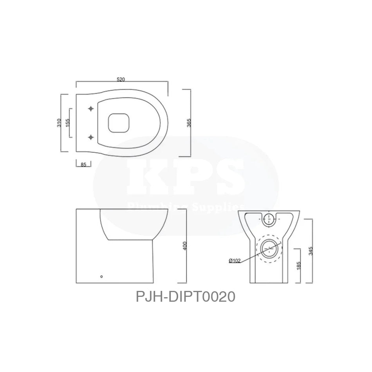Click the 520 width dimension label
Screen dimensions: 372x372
click(121, 79)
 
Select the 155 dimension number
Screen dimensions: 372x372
click(67, 123)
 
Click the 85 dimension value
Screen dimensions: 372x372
click(83, 164)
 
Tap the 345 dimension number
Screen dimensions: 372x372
click(310, 251)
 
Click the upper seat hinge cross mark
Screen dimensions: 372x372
click(91, 108)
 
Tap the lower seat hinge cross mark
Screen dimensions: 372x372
click(91, 137)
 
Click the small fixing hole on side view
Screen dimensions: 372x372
click(102, 276)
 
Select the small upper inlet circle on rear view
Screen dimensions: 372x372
click(269, 219)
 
